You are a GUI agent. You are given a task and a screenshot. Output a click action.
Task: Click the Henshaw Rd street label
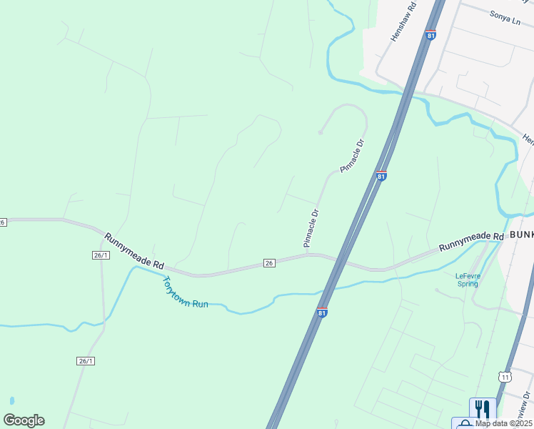(403, 24)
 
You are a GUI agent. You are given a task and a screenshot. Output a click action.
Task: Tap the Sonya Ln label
(505, 16)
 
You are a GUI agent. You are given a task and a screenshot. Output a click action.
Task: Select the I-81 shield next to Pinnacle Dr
(382, 175)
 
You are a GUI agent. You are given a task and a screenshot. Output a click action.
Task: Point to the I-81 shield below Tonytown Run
(322, 312)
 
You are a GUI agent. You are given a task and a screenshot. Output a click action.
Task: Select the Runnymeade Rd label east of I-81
(472, 241)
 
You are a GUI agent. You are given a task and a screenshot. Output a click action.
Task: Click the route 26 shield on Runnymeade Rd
(268, 264)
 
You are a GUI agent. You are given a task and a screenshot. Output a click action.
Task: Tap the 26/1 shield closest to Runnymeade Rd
(101, 255)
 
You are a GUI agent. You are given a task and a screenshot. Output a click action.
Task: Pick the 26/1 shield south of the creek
(85, 361)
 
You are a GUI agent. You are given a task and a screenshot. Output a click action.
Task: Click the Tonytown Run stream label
(186, 293)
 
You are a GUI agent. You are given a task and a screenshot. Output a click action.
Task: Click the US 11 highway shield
(505, 376)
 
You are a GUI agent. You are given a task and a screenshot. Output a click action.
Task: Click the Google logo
(24, 420)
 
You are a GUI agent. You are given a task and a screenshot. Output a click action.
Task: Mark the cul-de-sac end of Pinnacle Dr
(321, 132)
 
